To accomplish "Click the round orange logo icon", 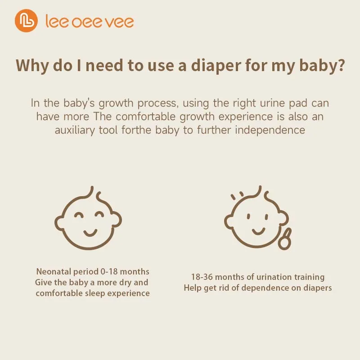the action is coord(26,21).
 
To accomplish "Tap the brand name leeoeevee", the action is coord(90,21).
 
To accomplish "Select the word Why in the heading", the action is coord(32,66).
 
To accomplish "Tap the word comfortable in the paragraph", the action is coord(145,117).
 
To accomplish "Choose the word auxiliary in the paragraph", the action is coord(75,130).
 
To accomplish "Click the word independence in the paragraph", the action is coord(270,130).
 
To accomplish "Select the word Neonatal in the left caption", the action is coord(54,272).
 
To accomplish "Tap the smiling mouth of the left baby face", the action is coord(90,233).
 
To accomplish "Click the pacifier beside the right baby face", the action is coord(285,239).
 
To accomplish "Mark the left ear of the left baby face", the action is coord(59,223).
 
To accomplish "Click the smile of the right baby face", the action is coord(258,231).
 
